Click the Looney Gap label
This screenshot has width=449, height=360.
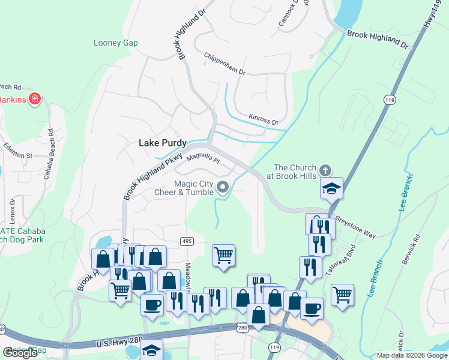[116, 43]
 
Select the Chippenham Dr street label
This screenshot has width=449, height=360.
[224, 64]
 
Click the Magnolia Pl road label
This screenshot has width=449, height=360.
[203, 158]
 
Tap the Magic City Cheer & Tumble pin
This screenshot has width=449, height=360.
[223, 188]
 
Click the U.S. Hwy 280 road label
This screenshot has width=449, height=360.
[119, 342]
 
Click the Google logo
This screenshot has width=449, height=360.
[20, 353]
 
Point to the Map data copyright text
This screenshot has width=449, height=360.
[411, 355]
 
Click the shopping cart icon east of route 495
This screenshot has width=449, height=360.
[223, 255]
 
